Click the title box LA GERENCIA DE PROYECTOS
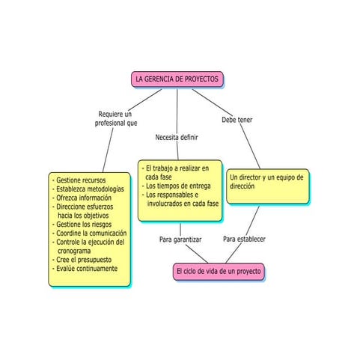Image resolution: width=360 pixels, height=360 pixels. click(x=177, y=79)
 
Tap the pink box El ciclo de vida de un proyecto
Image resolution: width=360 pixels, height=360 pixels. click(x=218, y=270)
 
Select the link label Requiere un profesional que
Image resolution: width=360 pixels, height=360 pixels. click(x=116, y=118)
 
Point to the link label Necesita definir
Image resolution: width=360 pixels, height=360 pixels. click(x=177, y=138)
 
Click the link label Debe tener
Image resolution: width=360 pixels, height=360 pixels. click(x=237, y=120)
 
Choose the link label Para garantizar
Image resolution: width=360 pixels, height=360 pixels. click(x=180, y=240)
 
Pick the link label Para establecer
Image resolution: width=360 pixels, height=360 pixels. click(x=244, y=240)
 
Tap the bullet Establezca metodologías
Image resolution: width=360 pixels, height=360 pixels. click(x=88, y=189)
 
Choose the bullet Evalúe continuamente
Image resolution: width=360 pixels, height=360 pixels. click(x=87, y=269)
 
